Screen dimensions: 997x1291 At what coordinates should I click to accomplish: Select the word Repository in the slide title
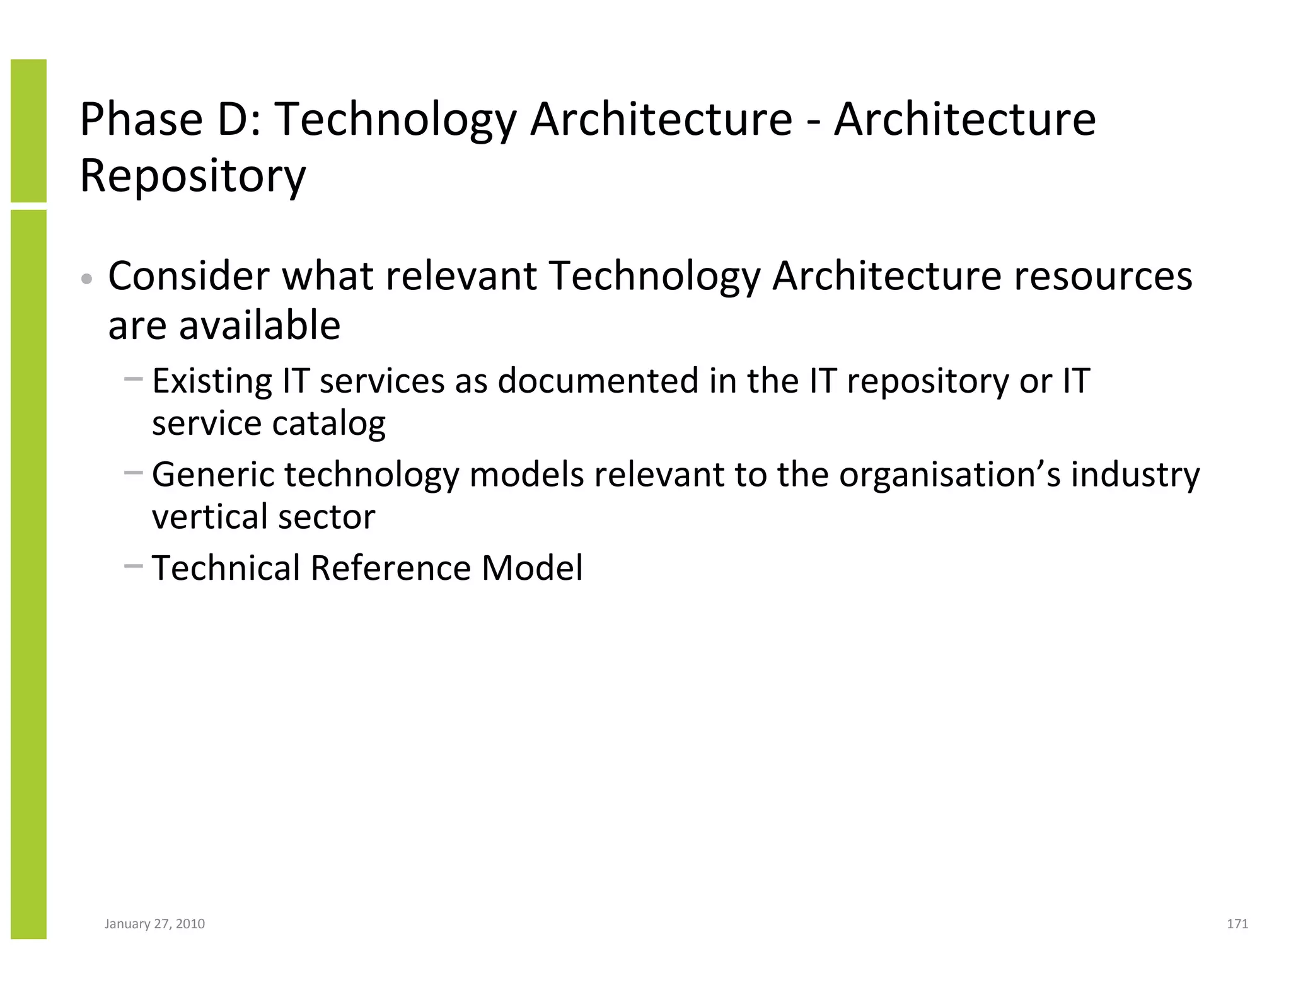[193, 176]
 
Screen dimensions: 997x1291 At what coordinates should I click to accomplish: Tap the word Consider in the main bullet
[188, 276]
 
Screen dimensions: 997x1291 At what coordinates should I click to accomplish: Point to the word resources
[1103, 277]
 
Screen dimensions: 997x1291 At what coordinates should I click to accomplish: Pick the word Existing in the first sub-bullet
[212, 381]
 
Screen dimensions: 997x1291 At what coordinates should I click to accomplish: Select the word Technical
[226, 568]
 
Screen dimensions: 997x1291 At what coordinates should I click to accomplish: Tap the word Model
[532, 568]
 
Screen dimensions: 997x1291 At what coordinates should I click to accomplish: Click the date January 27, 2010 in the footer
[154, 924]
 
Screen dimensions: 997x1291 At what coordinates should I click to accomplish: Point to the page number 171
[1237, 924]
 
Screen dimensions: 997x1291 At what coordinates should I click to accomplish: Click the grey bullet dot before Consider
[88, 279]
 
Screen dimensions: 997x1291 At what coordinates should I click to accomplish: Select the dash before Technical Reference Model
[134, 566]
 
